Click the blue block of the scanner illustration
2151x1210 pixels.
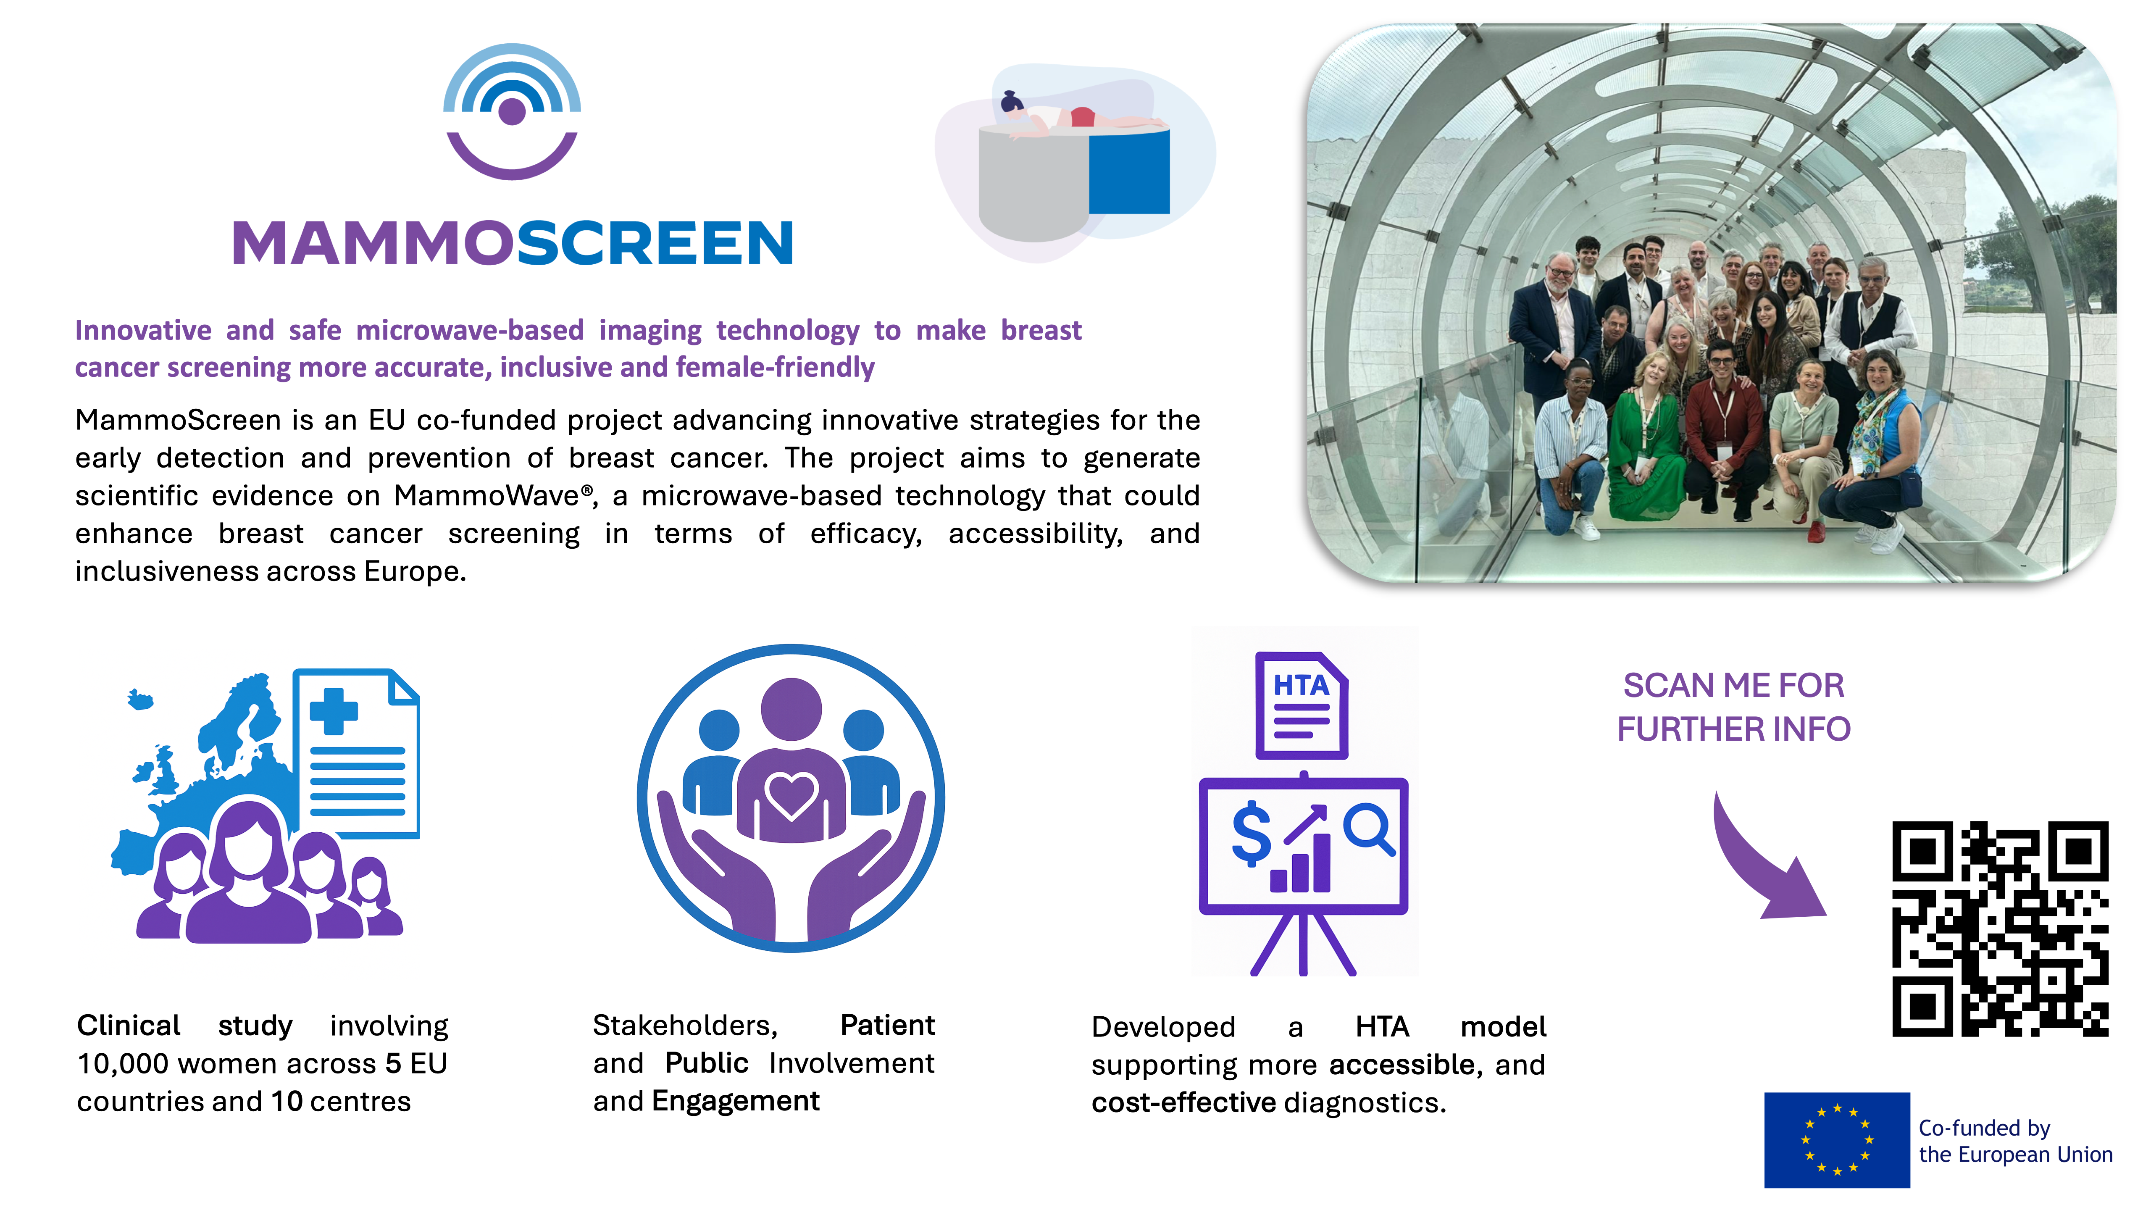pos(1129,171)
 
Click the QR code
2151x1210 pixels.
pos(2000,929)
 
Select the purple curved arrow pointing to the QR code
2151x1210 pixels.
pos(1762,860)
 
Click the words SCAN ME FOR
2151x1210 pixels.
pos(1733,686)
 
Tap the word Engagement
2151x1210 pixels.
pos(736,1102)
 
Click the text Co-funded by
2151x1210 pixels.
pos(1984,1128)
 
